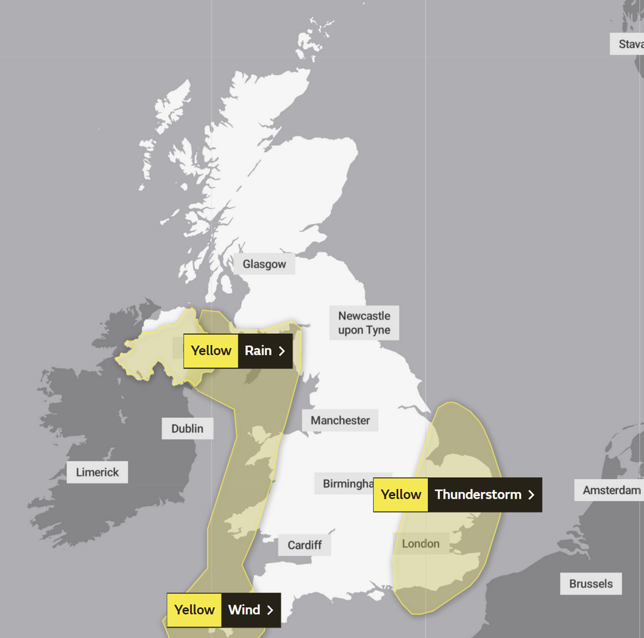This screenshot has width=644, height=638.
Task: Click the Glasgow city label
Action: [264, 264]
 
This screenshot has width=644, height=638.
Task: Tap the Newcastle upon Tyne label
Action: [364, 323]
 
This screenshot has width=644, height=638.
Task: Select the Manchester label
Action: [340, 421]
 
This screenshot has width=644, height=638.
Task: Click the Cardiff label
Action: [305, 545]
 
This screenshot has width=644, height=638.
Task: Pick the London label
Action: [421, 543]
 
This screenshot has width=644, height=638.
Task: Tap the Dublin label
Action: [187, 428]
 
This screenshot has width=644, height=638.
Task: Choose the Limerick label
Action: [97, 472]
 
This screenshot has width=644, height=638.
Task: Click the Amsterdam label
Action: [611, 490]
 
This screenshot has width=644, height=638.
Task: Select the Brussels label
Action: [591, 583]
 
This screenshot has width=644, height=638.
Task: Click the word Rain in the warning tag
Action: [258, 350]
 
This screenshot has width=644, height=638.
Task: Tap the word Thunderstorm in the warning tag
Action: [478, 495]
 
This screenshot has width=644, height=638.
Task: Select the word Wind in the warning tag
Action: [244, 610]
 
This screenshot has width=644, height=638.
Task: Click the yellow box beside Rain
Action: [211, 350]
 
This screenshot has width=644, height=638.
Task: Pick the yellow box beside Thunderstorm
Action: [401, 495]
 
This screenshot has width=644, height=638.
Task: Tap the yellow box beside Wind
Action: [194, 610]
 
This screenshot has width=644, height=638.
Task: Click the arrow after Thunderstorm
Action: [531, 495]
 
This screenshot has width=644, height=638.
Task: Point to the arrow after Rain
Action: [282, 350]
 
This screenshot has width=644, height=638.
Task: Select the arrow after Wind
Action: [270, 610]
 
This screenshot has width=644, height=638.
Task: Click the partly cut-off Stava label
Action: [629, 44]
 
